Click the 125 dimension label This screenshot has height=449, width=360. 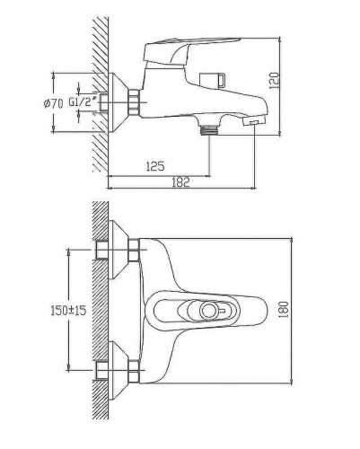tap(155, 166)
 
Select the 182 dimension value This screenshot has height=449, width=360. tap(180, 182)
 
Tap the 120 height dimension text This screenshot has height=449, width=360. tap(274, 80)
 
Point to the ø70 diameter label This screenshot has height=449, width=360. tap(53, 103)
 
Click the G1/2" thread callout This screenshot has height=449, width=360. tap(83, 101)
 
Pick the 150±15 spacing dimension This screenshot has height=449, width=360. tap(68, 310)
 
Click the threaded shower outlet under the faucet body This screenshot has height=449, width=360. tap(209, 129)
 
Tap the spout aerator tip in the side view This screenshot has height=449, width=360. tap(254, 122)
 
